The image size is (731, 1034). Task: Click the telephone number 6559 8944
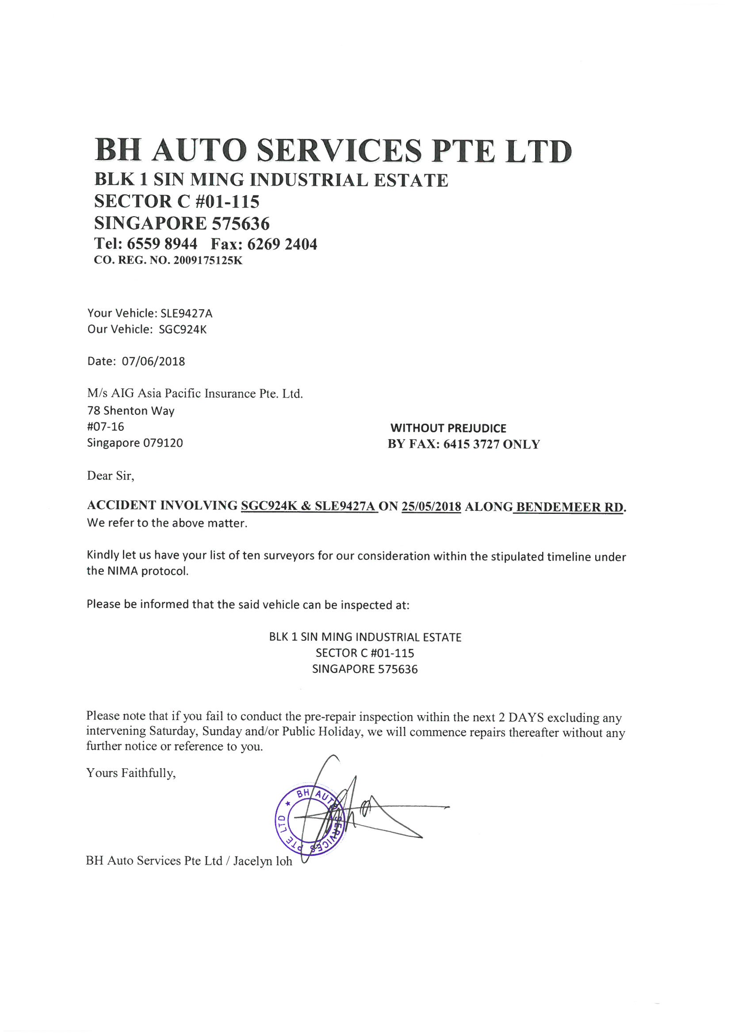point(162,244)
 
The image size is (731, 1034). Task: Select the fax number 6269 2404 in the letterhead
point(283,244)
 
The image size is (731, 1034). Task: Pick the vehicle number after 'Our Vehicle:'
point(183,329)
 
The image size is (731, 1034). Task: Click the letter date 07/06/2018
point(153,362)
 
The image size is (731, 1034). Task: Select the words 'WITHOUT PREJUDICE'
point(448,428)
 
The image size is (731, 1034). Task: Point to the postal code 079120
point(163,443)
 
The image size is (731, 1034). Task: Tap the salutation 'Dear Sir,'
point(111,476)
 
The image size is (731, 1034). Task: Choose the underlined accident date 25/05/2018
point(431,507)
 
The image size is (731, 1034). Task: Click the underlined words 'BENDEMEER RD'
point(570,507)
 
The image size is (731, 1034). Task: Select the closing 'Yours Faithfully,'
point(130,773)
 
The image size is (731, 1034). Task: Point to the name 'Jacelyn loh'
point(263,861)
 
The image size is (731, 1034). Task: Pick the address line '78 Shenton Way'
point(130,411)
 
